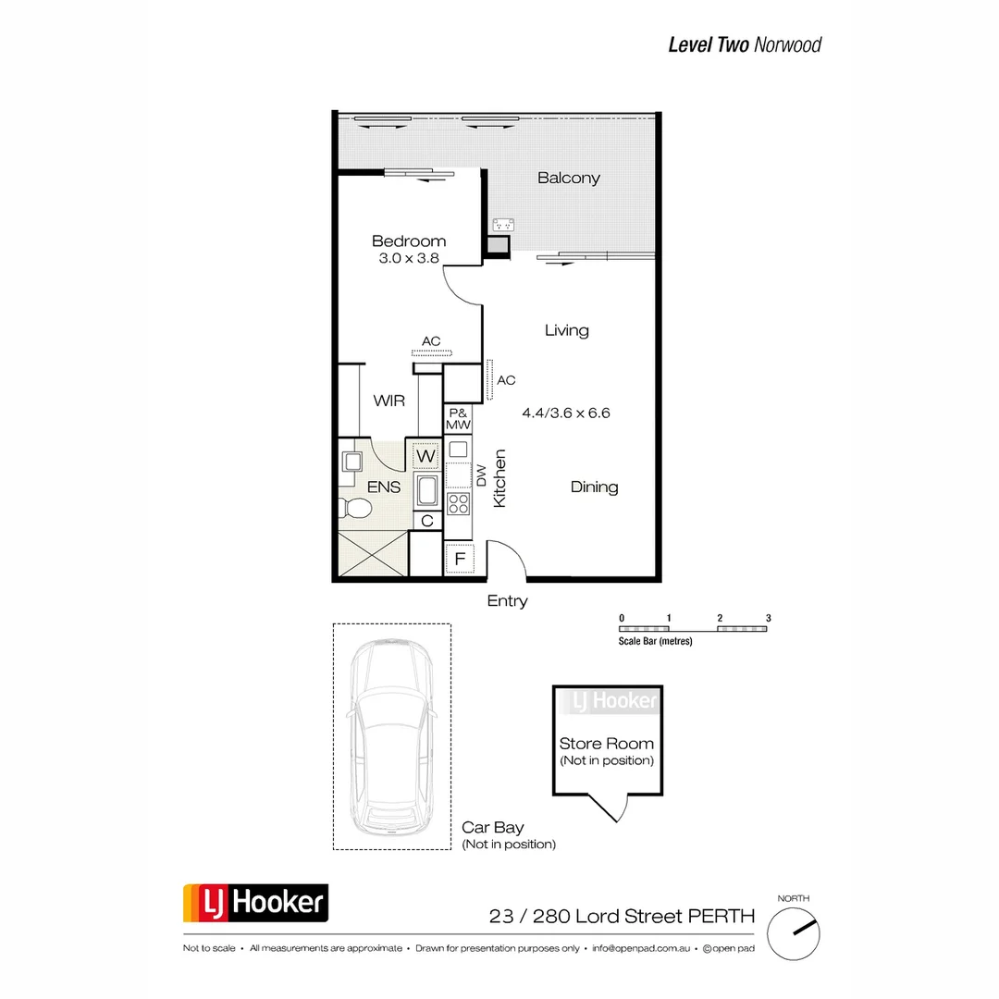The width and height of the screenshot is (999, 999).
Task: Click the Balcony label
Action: (x=569, y=178)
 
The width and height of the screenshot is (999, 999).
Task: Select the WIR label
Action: (x=389, y=401)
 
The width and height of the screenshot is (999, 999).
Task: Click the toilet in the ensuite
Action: (x=354, y=506)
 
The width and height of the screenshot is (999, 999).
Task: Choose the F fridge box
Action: (x=460, y=559)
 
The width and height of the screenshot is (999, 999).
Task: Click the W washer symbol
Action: (x=425, y=456)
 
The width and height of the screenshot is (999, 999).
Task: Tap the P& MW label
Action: (x=459, y=418)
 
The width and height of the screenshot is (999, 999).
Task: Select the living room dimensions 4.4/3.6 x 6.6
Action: (x=565, y=413)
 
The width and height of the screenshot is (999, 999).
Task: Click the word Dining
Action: (x=594, y=487)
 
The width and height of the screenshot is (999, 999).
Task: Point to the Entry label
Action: (x=507, y=601)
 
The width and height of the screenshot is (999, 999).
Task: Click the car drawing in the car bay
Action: (x=392, y=735)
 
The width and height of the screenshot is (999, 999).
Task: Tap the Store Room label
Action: (x=606, y=744)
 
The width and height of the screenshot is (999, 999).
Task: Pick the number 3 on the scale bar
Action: (x=768, y=618)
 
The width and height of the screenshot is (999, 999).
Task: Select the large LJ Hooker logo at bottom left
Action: (x=254, y=902)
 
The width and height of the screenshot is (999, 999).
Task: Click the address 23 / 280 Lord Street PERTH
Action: (x=622, y=917)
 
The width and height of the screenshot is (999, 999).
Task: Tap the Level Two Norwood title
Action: (x=745, y=44)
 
